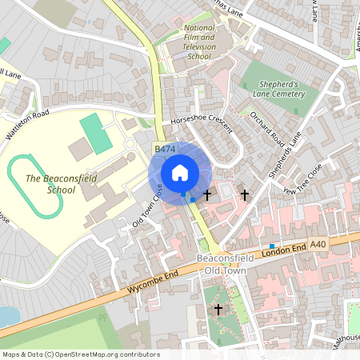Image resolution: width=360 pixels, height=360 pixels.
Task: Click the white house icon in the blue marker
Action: pyautogui.click(x=179, y=173)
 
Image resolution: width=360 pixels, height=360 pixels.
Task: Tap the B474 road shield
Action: pyautogui.click(x=165, y=150)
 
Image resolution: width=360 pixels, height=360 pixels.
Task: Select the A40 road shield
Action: pyautogui.click(x=318, y=243)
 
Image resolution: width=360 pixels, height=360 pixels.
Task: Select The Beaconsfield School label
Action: pyautogui.click(x=50, y=185)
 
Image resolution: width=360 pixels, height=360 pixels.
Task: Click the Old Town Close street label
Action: pyautogui.click(x=148, y=206)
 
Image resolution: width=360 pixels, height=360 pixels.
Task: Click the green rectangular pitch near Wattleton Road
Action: pyautogui.click(x=96, y=134)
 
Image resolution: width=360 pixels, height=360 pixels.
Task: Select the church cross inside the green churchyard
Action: pyautogui.click(x=218, y=309)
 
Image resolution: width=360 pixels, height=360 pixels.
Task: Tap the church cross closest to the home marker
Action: pyautogui.click(x=207, y=194)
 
